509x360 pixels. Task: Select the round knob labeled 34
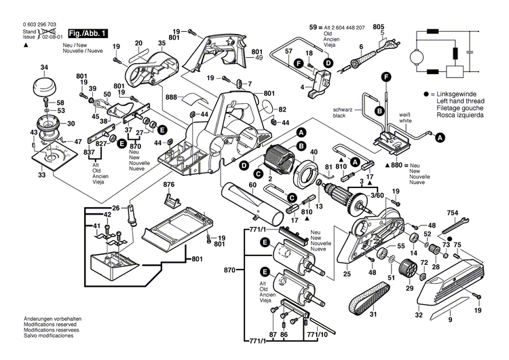(44, 88)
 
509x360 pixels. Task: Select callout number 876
(168, 185)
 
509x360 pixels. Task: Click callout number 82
(282, 109)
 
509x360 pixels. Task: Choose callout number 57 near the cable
(288, 52)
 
